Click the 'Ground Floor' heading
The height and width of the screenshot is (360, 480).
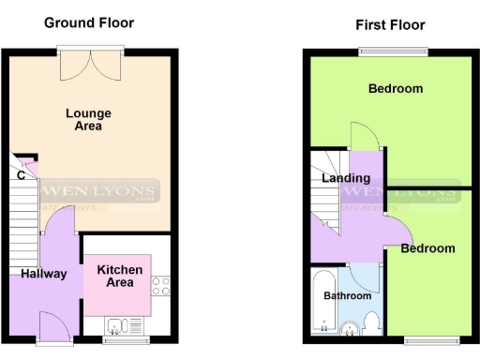tap(89, 22)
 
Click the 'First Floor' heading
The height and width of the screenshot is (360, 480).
tap(390, 25)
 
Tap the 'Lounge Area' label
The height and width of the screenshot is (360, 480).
tap(83, 120)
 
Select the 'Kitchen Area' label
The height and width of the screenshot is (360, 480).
tap(120, 276)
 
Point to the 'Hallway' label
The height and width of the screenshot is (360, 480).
tap(44, 274)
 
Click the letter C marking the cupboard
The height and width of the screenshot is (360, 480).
tap(20, 174)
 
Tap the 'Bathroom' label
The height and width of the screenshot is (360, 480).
tap(348, 294)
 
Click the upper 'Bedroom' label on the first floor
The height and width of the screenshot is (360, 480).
tap(395, 89)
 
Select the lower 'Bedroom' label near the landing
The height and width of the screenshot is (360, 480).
tap(427, 248)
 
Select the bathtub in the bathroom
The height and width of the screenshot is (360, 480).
tap(322, 302)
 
